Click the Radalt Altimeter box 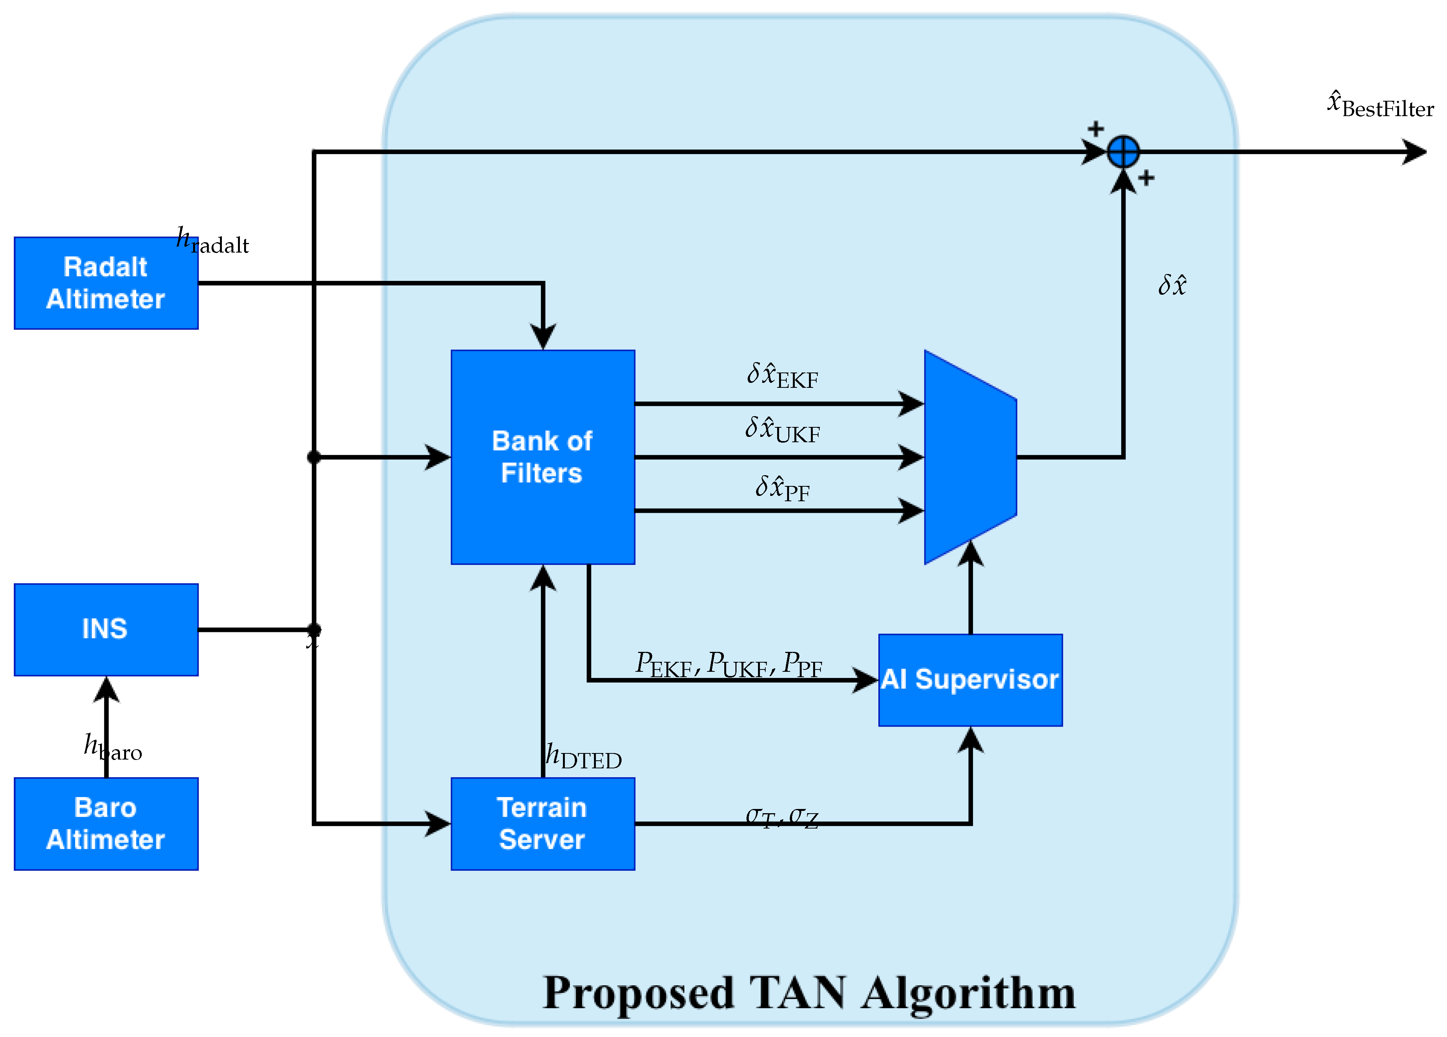(106, 283)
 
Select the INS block (106, 629)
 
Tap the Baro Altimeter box (106, 823)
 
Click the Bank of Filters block (542, 457)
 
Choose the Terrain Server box (542, 823)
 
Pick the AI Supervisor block (970, 679)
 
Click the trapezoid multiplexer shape (970, 457)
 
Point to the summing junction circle (1123, 152)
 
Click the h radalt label (212, 241)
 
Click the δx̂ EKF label (782, 376)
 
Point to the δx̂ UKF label (782, 430)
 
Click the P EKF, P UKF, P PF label (728, 665)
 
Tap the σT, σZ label (782, 817)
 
